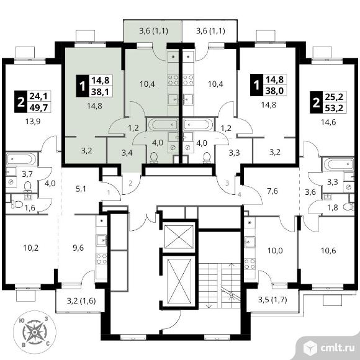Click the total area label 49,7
tap(38, 107)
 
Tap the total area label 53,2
tap(334, 107)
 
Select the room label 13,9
tap(33, 122)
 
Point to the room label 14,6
tap(328, 122)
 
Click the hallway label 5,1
tap(81, 189)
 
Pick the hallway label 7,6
tap(272, 191)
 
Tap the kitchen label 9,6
tap(78, 248)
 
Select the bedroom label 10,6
tap(328, 251)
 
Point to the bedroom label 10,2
tap(31, 248)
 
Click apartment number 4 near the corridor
tap(239, 195)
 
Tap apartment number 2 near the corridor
tap(130, 183)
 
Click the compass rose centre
tap(34, 332)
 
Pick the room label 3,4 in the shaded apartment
tap(127, 153)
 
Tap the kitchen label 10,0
tap(276, 251)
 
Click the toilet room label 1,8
tap(333, 207)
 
